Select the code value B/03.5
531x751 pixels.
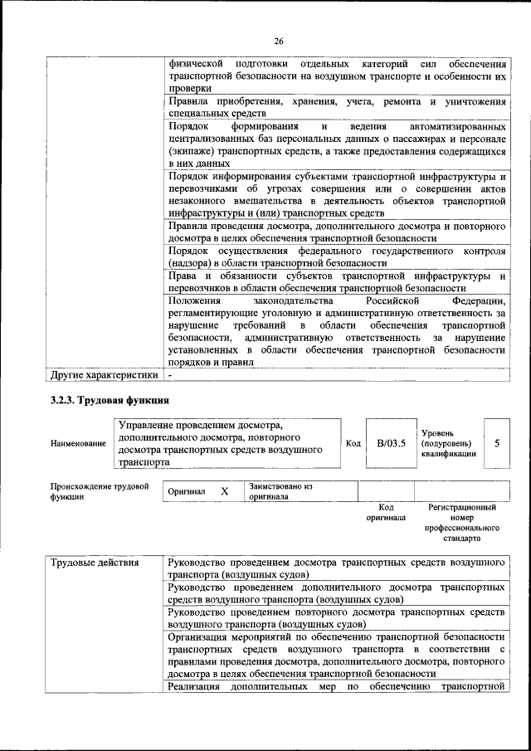[391, 443]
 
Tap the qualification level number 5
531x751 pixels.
[496, 443]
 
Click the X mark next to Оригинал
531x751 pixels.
[224, 491]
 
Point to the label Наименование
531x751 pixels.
[78, 444]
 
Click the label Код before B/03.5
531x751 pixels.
[353, 443]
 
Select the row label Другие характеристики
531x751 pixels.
[104, 374]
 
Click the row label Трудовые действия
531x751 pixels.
[95, 563]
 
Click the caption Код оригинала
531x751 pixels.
[386, 512]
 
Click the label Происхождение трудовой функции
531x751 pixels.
[99, 491]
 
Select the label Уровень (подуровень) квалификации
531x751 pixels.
[449, 443]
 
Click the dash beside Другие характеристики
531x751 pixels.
[170, 374]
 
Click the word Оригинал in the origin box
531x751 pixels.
[187, 491]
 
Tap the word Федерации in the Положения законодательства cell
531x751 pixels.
[479, 300]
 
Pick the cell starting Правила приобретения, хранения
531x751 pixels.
[336, 107]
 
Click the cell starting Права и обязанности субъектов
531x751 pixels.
[336, 281]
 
